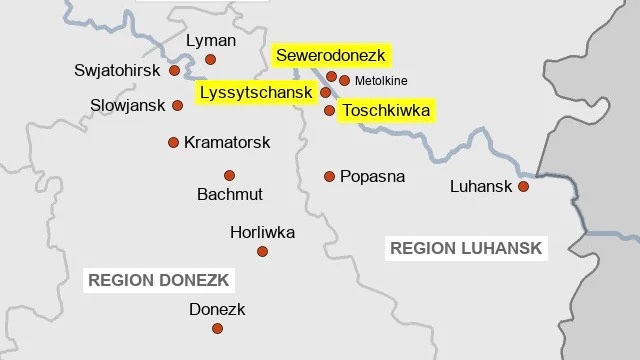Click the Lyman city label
pyautogui.click(x=211, y=41)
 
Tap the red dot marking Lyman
pyautogui.click(x=210, y=60)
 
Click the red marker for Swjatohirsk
pyautogui.click(x=174, y=71)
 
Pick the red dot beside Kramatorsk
pyautogui.click(x=173, y=142)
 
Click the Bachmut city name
pyautogui.click(x=229, y=193)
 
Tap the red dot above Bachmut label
pyautogui.click(x=229, y=175)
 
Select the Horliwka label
pyautogui.click(x=262, y=232)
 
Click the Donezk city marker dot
pyautogui.click(x=217, y=328)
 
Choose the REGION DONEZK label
pyautogui.click(x=159, y=280)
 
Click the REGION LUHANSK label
pyautogui.click(x=466, y=248)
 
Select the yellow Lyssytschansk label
pyautogui.click(x=257, y=92)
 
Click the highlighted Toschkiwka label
pyautogui.click(x=385, y=110)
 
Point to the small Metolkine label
pyautogui.click(x=381, y=81)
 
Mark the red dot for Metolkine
pyautogui.click(x=345, y=80)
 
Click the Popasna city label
pyautogui.click(x=372, y=176)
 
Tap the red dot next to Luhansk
pyautogui.click(x=522, y=186)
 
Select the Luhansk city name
pyautogui.click(x=481, y=186)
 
